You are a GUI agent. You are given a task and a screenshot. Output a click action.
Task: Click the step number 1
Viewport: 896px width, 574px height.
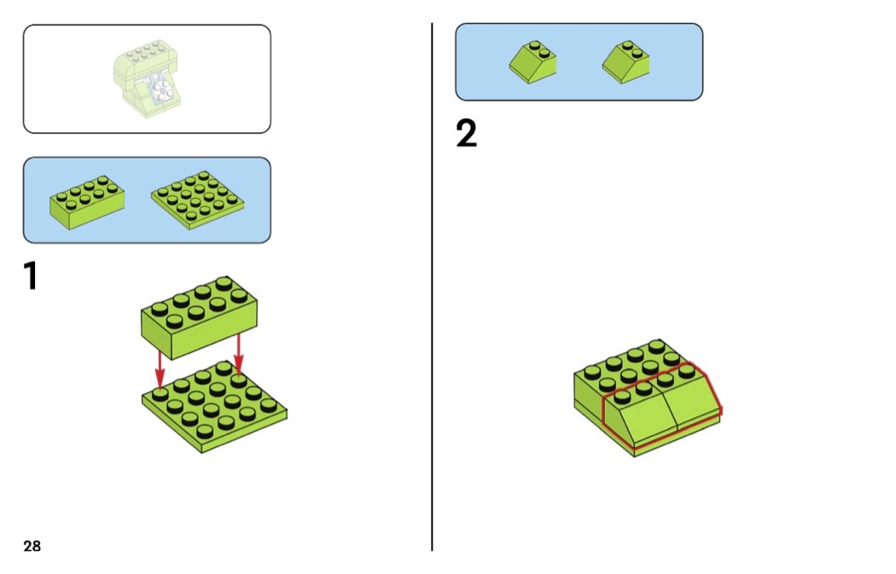coord(31,277)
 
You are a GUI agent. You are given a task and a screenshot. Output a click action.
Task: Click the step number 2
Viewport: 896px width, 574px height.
coord(466,134)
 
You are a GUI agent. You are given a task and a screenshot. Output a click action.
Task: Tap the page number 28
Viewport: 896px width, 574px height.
coord(32,546)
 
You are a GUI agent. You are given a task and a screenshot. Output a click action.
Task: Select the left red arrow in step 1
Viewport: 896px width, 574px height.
coord(160,368)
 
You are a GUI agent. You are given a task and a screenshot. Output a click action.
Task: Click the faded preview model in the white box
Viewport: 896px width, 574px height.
coord(148,78)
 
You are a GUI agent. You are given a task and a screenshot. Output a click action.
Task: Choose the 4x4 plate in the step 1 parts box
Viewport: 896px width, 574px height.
coord(198,200)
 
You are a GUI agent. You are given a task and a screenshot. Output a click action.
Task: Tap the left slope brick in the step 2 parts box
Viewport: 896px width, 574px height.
coord(533,61)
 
